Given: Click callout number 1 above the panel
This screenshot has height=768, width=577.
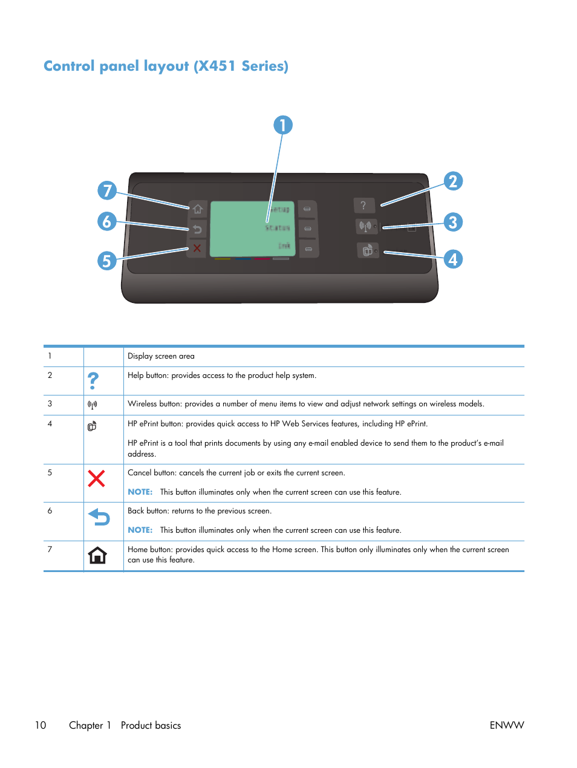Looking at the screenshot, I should (x=282, y=125).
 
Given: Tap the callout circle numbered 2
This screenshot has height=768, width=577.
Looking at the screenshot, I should (x=453, y=181).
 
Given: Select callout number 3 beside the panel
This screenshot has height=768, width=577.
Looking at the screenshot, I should (x=453, y=222).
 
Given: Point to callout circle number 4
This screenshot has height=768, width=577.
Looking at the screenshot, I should (x=453, y=259).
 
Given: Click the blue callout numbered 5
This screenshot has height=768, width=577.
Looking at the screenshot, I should (x=107, y=261).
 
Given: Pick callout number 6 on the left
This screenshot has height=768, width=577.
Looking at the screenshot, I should (x=107, y=221).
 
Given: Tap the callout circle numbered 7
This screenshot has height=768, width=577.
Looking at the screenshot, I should (x=107, y=190).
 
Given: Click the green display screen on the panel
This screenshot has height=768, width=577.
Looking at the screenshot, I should (x=252, y=229).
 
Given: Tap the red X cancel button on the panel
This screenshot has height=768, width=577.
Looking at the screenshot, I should (x=197, y=248).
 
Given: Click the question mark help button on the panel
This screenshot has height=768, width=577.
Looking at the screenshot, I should (x=363, y=206).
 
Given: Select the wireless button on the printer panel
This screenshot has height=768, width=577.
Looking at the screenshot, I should (x=365, y=227).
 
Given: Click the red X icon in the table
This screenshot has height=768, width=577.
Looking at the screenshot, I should (x=97, y=479).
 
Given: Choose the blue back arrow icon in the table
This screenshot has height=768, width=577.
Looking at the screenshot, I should (x=99, y=517).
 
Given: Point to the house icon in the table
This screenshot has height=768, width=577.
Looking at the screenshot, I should (x=97, y=555).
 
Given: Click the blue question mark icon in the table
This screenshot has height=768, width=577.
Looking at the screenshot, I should (x=93, y=381).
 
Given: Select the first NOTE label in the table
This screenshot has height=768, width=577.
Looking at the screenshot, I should (x=140, y=492).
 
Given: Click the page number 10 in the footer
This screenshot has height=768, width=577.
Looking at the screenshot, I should (x=41, y=725).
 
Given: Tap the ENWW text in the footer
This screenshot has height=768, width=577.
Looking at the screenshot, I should (x=506, y=725).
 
